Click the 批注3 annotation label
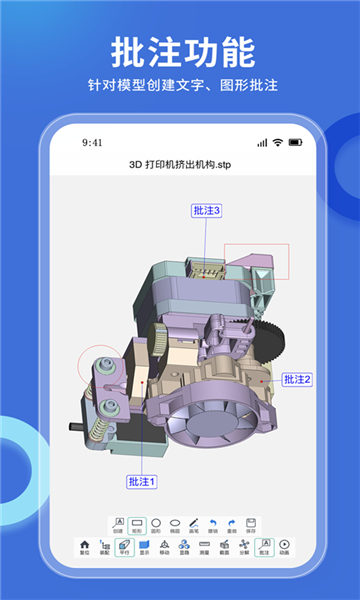pos(206,210)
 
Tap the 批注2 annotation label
pos(297,379)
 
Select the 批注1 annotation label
pos(142,482)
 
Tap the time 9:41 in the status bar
pos(93,143)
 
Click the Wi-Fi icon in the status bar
pos(277,143)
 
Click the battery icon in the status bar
pos(293,143)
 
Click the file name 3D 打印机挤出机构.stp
pos(180,163)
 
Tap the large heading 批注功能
pos(180,50)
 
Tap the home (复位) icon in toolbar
pos(84,545)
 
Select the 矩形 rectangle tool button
pos(137,524)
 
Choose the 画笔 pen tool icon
pos(193,524)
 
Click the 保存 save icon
pos(250,524)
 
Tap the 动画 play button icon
pos(284,545)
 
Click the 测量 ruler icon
pos(204,545)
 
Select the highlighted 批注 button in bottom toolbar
pos(264,545)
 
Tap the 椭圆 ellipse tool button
pos(174,524)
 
